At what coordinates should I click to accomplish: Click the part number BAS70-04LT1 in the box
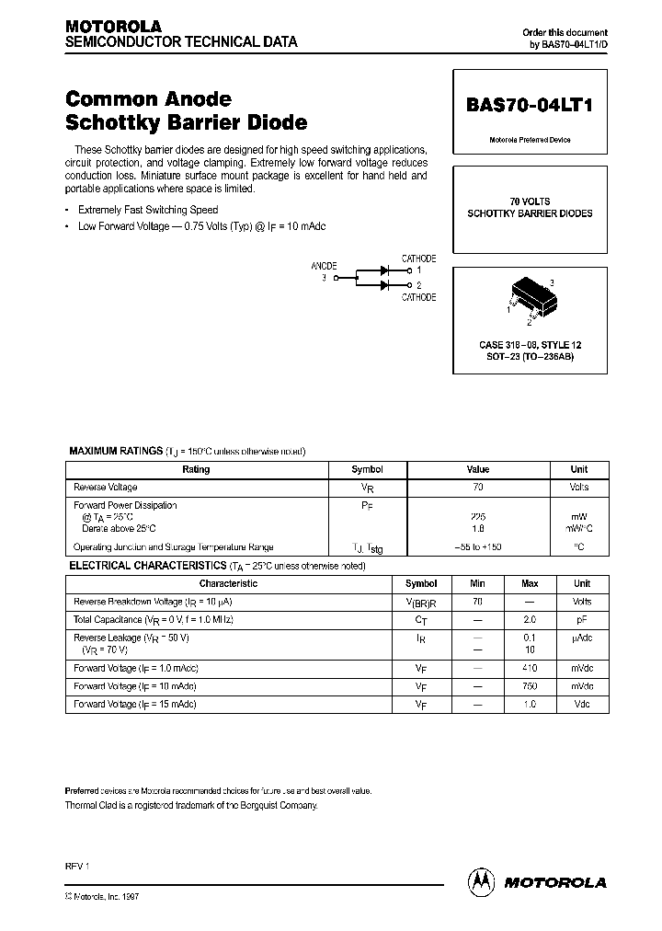click(530, 105)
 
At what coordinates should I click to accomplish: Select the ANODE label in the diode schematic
click(325, 265)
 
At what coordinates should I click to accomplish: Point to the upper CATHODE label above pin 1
click(418, 259)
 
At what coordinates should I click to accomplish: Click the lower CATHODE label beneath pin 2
click(418, 297)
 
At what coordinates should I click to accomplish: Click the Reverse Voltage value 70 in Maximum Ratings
click(478, 488)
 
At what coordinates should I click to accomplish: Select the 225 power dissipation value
click(478, 517)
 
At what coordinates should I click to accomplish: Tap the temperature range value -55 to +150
click(478, 546)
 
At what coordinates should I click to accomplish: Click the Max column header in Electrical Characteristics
click(530, 583)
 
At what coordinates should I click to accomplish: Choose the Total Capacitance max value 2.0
click(530, 620)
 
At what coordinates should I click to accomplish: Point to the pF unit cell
click(581, 620)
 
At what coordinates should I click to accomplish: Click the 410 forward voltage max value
click(530, 668)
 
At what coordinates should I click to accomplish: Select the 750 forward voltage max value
click(530, 686)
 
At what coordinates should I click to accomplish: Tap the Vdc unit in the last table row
click(581, 705)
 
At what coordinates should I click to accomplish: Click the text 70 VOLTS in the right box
click(530, 201)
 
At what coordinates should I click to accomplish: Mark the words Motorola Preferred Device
click(530, 140)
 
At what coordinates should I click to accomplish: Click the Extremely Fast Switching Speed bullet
click(148, 211)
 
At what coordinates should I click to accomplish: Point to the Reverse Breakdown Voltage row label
click(153, 602)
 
